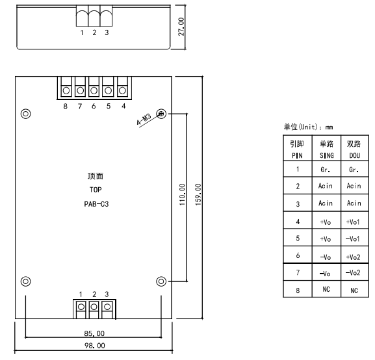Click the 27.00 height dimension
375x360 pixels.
[x=181, y=27]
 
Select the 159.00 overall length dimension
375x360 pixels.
[x=198, y=194]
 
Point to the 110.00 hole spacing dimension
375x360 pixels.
[x=182, y=194]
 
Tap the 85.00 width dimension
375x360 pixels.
[x=94, y=333]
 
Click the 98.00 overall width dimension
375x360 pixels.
[x=95, y=346]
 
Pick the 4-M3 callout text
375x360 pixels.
[x=144, y=119]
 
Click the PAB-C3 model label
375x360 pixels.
[x=96, y=204]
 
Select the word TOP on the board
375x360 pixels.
[x=96, y=190]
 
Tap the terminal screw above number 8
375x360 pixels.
[x=66, y=91]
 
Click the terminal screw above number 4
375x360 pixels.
[x=122, y=91]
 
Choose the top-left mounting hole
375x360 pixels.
[x=26, y=114]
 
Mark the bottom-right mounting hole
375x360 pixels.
[x=161, y=281]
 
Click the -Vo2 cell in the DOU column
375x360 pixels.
[x=353, y=273]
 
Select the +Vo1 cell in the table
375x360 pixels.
[x=353, y=222]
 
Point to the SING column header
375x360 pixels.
[x=327, y=156]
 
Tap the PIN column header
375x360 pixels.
[x=297, y=156]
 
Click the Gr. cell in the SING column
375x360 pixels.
[x=326, y=170]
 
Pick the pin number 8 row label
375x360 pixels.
[x=298, y=290]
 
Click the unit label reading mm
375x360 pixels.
[x=330, y=127]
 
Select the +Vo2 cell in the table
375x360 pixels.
[x=353, y=257]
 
